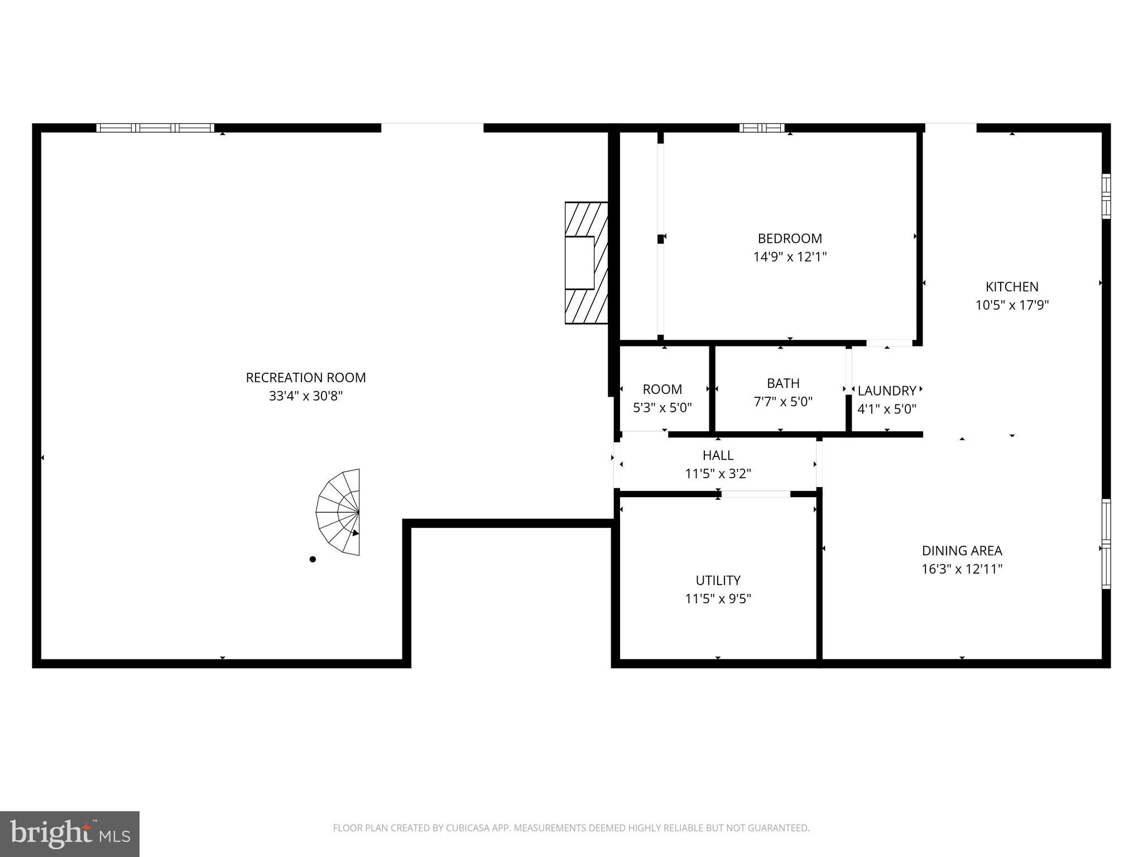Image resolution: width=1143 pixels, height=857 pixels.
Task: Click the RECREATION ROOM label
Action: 306,378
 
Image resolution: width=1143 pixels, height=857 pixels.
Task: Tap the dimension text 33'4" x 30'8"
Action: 306,396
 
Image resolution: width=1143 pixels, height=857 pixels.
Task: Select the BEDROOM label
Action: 790,239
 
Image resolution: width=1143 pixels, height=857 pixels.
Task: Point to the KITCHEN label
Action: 1012,287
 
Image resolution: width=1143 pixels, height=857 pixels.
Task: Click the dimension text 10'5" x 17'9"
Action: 1012,305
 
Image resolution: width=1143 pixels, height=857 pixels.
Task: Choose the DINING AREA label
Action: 962,551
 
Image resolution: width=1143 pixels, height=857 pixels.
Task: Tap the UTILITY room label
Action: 718,580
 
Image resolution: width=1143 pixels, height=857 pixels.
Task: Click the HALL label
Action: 718,455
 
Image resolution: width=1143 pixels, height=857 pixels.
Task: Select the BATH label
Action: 783,383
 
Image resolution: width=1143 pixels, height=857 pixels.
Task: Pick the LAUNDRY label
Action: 886,391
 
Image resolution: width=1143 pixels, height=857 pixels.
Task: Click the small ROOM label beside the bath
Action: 662,389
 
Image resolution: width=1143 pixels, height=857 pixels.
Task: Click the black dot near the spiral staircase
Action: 313,559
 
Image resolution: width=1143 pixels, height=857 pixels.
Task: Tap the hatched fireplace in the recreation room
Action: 586,263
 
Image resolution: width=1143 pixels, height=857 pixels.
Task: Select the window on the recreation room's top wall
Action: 155,128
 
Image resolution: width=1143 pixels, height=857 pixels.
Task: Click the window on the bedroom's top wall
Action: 762,128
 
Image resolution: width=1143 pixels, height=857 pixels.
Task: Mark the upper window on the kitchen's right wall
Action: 1106,196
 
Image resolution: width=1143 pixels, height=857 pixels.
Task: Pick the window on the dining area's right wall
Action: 1106,543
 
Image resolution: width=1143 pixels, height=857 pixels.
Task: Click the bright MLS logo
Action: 70,834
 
